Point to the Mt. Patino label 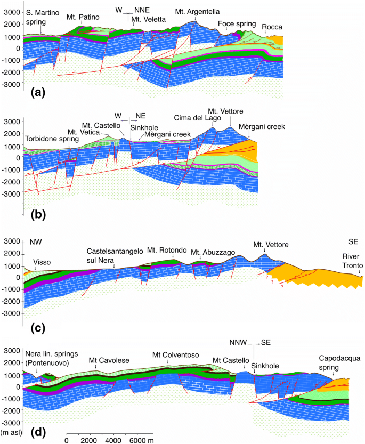point(83,17)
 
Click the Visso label point(42,262)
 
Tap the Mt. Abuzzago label point(212,253)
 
